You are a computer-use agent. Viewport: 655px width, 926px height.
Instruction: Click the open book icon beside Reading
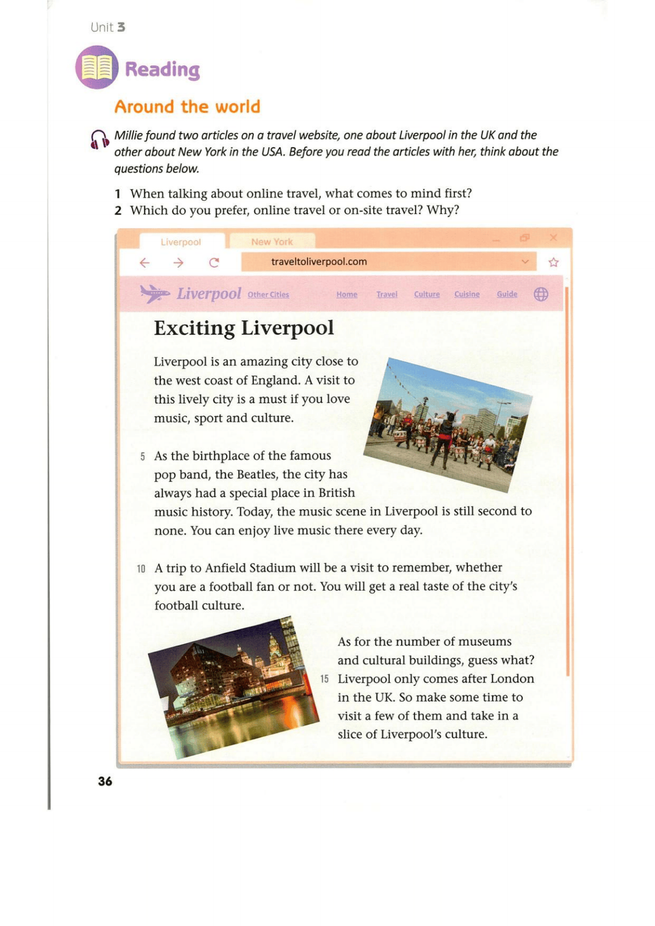coord(97,68)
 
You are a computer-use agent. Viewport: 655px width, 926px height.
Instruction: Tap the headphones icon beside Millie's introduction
coord(99,139)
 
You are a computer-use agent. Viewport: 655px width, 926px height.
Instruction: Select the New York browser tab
coord(272,242)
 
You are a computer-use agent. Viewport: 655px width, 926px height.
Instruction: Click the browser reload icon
coord(214,263)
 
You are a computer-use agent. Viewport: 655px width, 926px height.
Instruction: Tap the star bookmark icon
coord(553,262)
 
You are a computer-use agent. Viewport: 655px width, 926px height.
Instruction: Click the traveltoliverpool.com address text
coord(319,262)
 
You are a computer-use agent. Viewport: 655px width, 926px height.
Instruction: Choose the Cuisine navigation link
coord(467,294)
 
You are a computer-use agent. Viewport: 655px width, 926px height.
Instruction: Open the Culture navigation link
coord(426,294)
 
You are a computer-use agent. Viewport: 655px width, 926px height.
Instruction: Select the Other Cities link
coord(268,295)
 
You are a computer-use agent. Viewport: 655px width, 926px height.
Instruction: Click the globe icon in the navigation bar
coord(541,294)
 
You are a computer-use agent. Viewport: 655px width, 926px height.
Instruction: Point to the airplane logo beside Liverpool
coord(154,294)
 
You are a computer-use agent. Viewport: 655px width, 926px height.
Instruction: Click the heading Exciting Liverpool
coord(243,328)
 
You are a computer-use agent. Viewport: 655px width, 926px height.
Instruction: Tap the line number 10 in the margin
coord(141,569)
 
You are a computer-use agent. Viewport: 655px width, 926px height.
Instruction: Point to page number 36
coord(105,781)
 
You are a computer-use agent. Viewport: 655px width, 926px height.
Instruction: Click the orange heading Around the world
coord(187,107)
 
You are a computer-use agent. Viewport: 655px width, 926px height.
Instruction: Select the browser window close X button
coord(553,238)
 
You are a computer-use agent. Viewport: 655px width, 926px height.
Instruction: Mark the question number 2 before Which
coord(118,211)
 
